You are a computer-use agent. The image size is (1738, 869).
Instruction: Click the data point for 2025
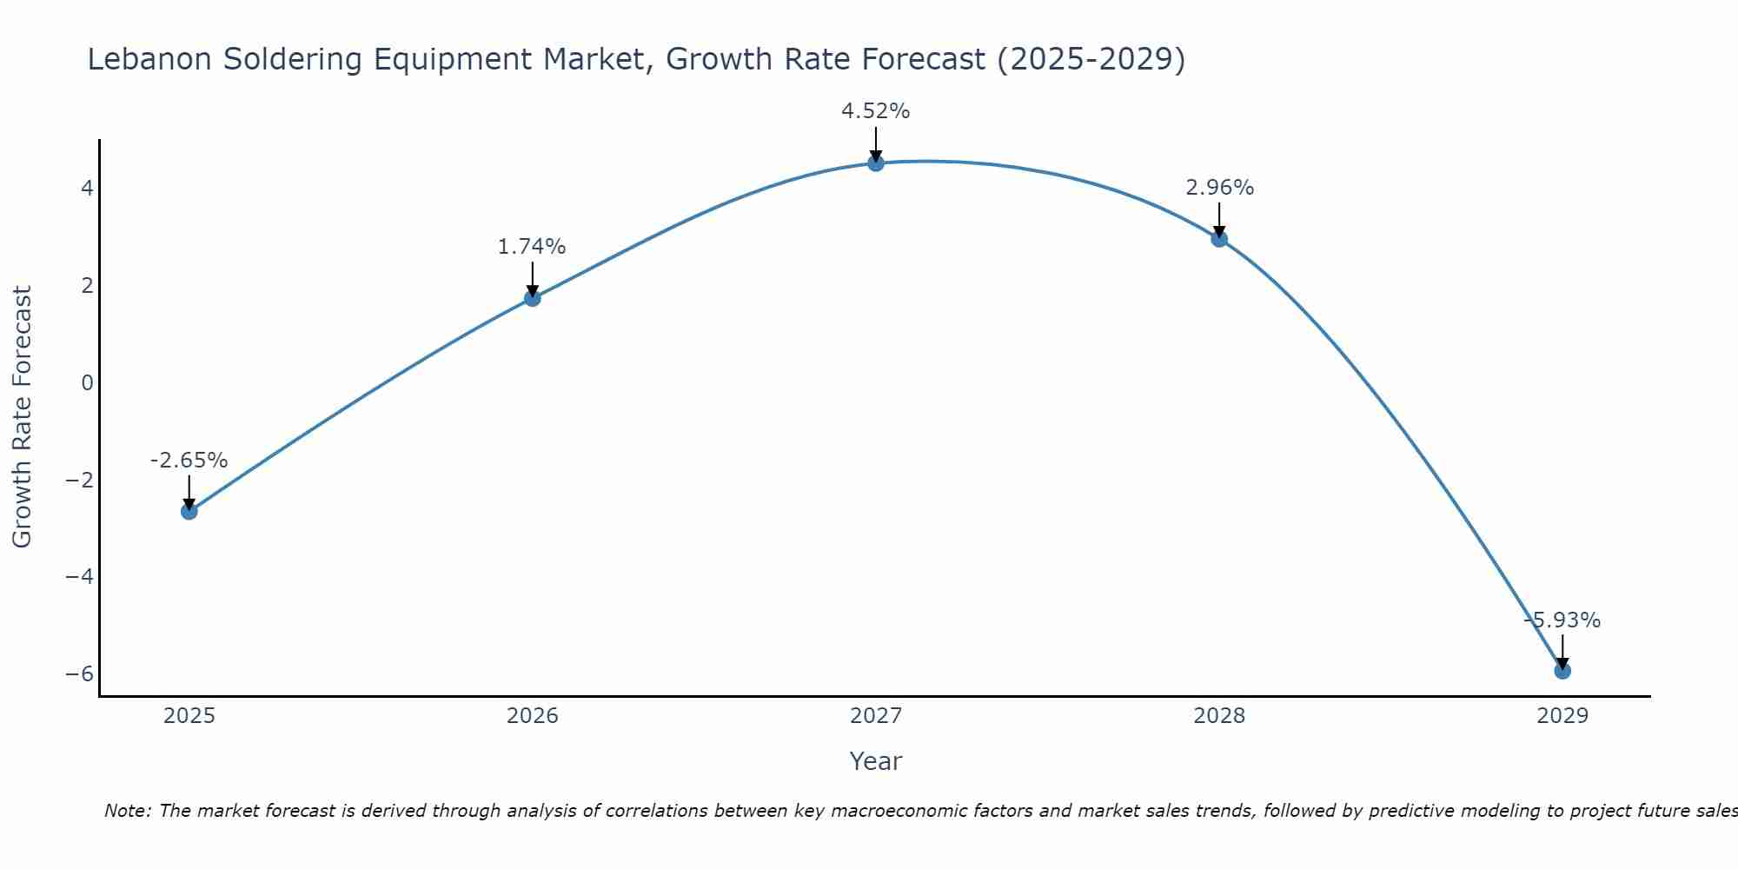point(189,511)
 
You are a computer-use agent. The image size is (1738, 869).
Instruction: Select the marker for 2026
point(533,298)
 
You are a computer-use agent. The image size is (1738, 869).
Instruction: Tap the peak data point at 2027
point(876,163)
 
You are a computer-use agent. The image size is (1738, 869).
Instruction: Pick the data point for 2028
point(1219,239)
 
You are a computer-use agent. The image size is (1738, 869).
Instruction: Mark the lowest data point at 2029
point(1562,671)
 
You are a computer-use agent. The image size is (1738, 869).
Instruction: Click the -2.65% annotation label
point(189,461)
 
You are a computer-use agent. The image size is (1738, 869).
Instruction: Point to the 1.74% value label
point(532,247)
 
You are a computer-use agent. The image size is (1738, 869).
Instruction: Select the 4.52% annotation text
point(875,111)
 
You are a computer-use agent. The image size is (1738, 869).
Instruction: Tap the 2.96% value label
point(1219,188)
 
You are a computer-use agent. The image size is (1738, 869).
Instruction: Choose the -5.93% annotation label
point(1562,620)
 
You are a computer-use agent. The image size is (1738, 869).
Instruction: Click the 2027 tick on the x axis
point(876,716)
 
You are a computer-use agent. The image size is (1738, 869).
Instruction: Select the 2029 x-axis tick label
point(1562,716)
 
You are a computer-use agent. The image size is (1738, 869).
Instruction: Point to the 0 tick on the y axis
point(87,382)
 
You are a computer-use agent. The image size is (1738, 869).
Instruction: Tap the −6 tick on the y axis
point(80,674)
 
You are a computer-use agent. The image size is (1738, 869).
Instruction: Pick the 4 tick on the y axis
point(87,188)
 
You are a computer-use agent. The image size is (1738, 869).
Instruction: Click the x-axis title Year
point(876,761)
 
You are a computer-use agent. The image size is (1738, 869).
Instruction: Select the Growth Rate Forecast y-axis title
point(23,417)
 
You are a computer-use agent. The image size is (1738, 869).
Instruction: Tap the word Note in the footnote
point(128,811)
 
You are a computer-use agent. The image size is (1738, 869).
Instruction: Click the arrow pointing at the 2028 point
point(1219,219)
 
